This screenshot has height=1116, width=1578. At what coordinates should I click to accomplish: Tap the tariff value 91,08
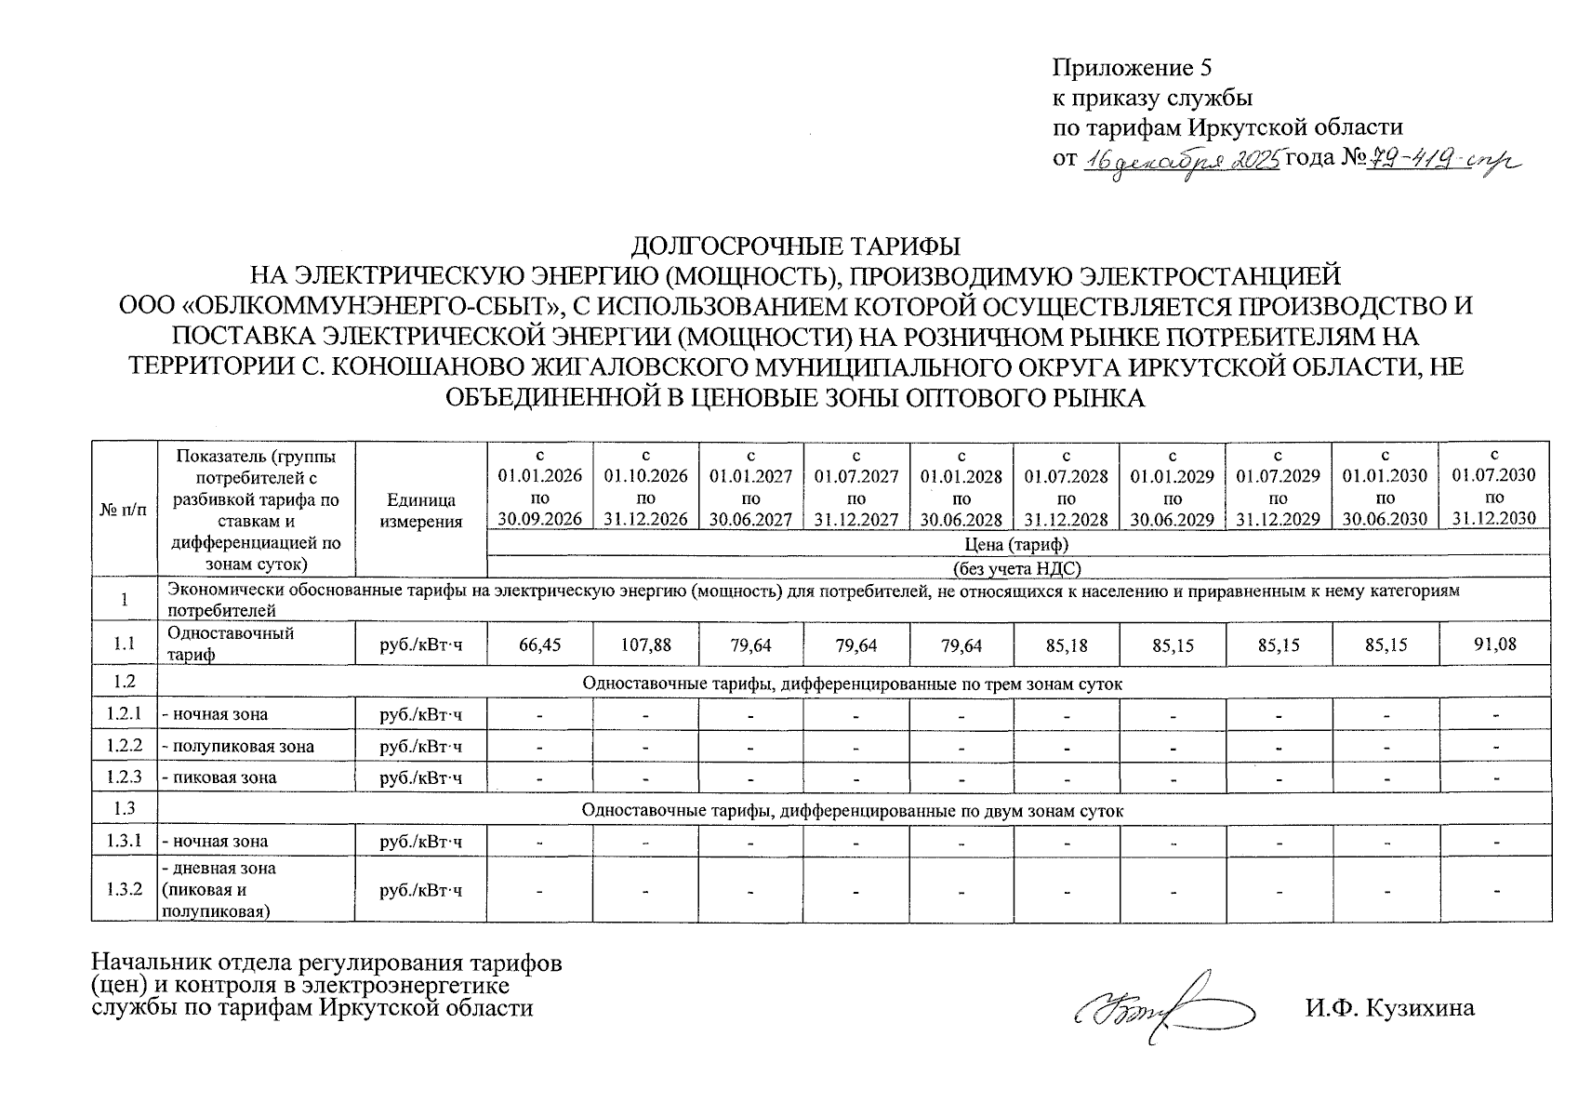(x=1494, y=644)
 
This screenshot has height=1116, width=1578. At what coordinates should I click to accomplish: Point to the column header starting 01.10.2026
(x=645, y=486)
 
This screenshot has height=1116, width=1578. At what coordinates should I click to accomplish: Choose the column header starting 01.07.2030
(x=1494, y=485)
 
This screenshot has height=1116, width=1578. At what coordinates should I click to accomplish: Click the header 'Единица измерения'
(x=421, y=511)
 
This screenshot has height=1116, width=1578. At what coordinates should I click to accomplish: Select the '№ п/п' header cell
(x=125, y=510)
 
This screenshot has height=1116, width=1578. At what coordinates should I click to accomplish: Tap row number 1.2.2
(x=125, y=745)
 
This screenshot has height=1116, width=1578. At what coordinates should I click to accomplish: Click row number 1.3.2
(x=125, y=889)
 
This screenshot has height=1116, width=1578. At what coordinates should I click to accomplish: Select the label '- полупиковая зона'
(x=238, y=746)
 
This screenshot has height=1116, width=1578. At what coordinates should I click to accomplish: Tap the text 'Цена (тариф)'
(x=1018, y=544)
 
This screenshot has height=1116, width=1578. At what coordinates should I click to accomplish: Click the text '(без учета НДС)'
(x=1018, y=567)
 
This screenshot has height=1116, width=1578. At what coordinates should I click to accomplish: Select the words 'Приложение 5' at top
(x=1132, y=68)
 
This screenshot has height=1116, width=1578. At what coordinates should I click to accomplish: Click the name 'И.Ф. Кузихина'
(x=1389, y=1007)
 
